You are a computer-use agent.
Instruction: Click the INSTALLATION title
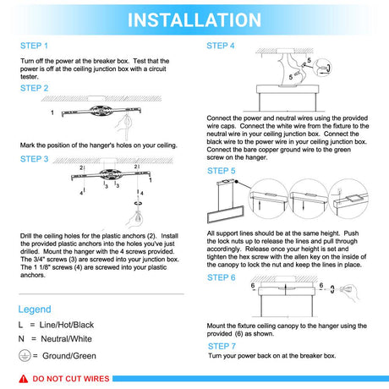tap(194, 20)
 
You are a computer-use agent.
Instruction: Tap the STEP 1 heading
tap(34, 46)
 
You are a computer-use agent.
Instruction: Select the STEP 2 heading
tap(35, 88)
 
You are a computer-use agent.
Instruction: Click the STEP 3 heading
tap(35, 159)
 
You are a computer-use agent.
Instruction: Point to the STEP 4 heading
tap(221, 46)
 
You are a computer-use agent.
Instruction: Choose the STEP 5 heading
tap(222, 171)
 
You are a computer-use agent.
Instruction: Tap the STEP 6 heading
tap(222, 277)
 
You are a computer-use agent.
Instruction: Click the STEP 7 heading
tap(222, 346)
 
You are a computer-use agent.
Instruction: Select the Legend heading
tap(35, 310)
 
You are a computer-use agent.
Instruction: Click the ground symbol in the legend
tap(25, 356)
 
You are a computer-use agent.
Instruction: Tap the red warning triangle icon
tap(24, 379)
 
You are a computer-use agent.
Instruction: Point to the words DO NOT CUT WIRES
tap(71, 379)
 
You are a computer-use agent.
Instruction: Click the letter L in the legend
tap(20, 325)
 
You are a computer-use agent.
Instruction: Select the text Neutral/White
tap(67, 339)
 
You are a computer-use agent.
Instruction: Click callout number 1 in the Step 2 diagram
tap(52, 112)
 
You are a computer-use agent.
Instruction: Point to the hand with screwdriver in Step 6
tap(350, 293)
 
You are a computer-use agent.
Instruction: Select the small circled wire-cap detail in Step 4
tap(322, 68)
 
